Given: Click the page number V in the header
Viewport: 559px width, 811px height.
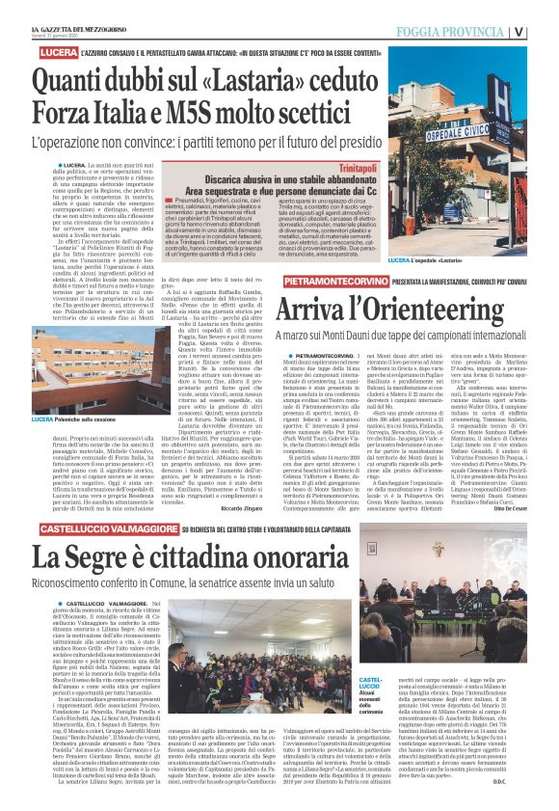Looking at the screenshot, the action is (546, 30).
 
